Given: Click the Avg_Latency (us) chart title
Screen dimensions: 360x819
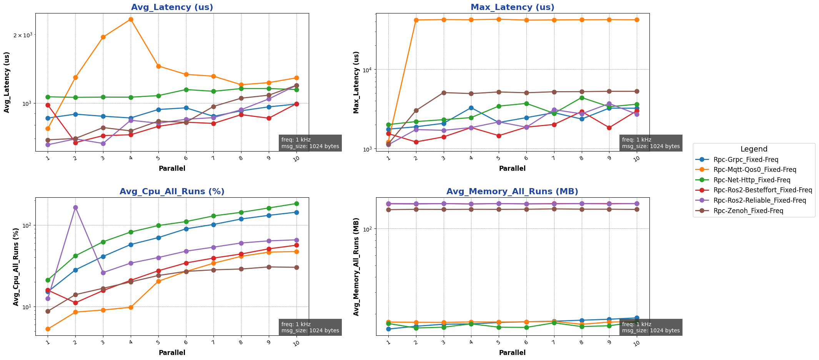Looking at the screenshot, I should coord(172,7).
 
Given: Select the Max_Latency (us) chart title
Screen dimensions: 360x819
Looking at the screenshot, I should coord(512,7).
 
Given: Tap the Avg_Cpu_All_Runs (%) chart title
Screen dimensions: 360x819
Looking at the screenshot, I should coord(172,192).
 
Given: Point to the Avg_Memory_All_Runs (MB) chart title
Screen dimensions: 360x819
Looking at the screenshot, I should coord(512,192).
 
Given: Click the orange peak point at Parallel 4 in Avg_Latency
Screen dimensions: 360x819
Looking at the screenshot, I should coord(131,19).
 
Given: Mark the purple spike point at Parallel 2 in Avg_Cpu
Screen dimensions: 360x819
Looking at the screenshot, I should coord(75,207).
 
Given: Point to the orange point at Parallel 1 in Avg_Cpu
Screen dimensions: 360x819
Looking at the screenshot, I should coord(48,329).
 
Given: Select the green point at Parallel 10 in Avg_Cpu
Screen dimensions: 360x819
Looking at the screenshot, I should coord(296,203).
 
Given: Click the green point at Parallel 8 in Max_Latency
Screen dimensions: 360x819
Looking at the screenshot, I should coord(582,98).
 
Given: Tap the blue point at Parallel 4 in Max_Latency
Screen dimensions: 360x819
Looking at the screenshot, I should coord(471,108).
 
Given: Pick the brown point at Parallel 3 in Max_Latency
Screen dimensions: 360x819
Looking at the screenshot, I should coord(443,93).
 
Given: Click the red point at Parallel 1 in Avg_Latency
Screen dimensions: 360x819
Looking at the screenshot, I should coord(48,105).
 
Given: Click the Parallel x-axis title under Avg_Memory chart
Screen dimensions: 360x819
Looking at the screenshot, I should coord(512,353).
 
